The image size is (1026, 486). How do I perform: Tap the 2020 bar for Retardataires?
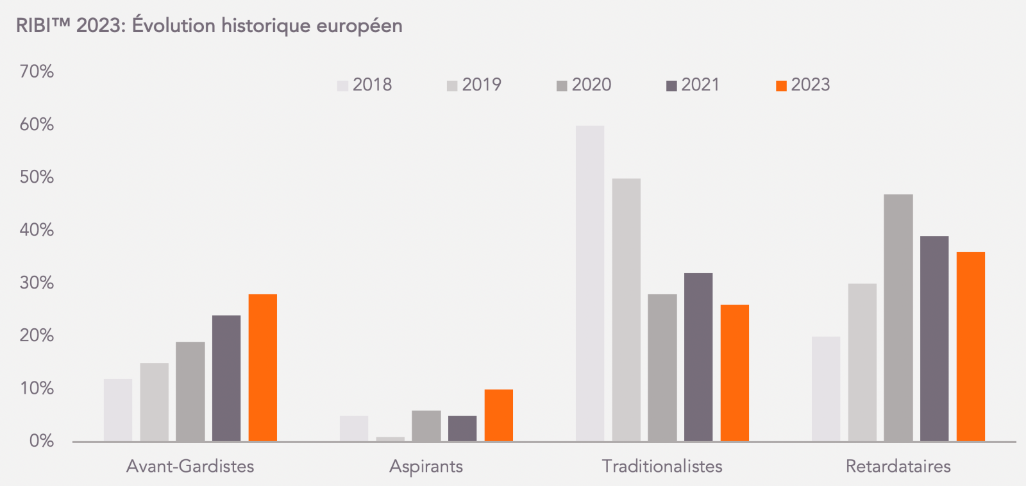point(898,317)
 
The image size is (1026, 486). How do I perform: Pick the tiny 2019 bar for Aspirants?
point(391,439)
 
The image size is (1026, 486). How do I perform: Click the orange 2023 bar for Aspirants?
point(499,415)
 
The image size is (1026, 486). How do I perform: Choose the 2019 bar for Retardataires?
point(862,362)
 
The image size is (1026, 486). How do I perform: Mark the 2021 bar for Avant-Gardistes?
point(226,378)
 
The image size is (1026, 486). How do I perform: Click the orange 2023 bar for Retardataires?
point(971,346)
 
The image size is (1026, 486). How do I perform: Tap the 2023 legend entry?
point(803,85)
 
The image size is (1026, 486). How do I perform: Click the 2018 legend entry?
point(365,85)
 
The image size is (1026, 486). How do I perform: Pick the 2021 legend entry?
point(694,85)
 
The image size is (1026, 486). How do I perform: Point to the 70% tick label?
point(37,72)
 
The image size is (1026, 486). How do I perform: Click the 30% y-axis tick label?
point(37,283)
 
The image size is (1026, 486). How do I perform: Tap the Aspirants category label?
point(426,466)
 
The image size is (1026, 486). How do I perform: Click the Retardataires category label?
point(898,466)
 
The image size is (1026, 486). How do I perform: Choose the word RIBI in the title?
point(37,26)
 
